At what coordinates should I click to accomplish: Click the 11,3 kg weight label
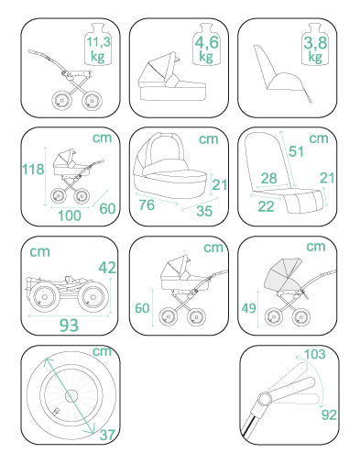tap(98, 49)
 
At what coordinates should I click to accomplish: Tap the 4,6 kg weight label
tap(206, 49)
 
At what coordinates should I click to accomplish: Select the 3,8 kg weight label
tap(315, 49)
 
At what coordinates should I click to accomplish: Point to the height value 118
tap(33, 169)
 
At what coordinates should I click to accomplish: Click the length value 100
tap(70, 215)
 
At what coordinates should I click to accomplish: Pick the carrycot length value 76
tap(147, 204)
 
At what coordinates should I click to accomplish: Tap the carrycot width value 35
tap(204, 211)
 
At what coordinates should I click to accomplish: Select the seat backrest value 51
tap(296, 151)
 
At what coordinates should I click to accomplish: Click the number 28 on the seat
tap(269, 178)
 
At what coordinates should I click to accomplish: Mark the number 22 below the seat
tap(266, 206)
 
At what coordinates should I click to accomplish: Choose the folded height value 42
tap(107, 268)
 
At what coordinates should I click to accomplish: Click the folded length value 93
tap(69, 326)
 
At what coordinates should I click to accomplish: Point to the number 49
tap(248, 308)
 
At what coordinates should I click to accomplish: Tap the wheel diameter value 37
tap(107, 435)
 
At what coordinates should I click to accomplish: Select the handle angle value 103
tap(315, 354)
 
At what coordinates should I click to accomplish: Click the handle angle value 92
tap(329, 415)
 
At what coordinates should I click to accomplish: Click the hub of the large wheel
tap(72, 396)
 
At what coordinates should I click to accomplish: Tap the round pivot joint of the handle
tap(265, 399)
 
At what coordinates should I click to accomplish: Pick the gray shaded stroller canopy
tap(282, 275)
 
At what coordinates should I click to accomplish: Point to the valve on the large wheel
tap(56, 412)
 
